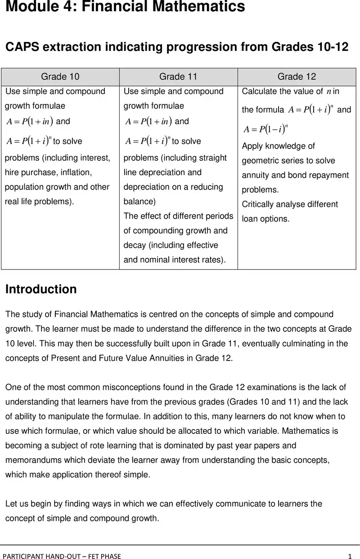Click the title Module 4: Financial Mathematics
pos(125,7)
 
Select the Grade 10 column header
pos(60,77)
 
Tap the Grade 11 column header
pos(178,77)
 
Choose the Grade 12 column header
pos(297,77)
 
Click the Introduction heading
pos(41,289)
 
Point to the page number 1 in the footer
pos(349,556)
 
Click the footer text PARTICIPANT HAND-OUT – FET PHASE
pos(62,556)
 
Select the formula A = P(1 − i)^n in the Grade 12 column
pos(265,129)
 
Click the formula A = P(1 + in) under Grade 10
pos(30,122)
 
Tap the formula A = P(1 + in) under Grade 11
pos(148,122)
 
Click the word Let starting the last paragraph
pos(11,504)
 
